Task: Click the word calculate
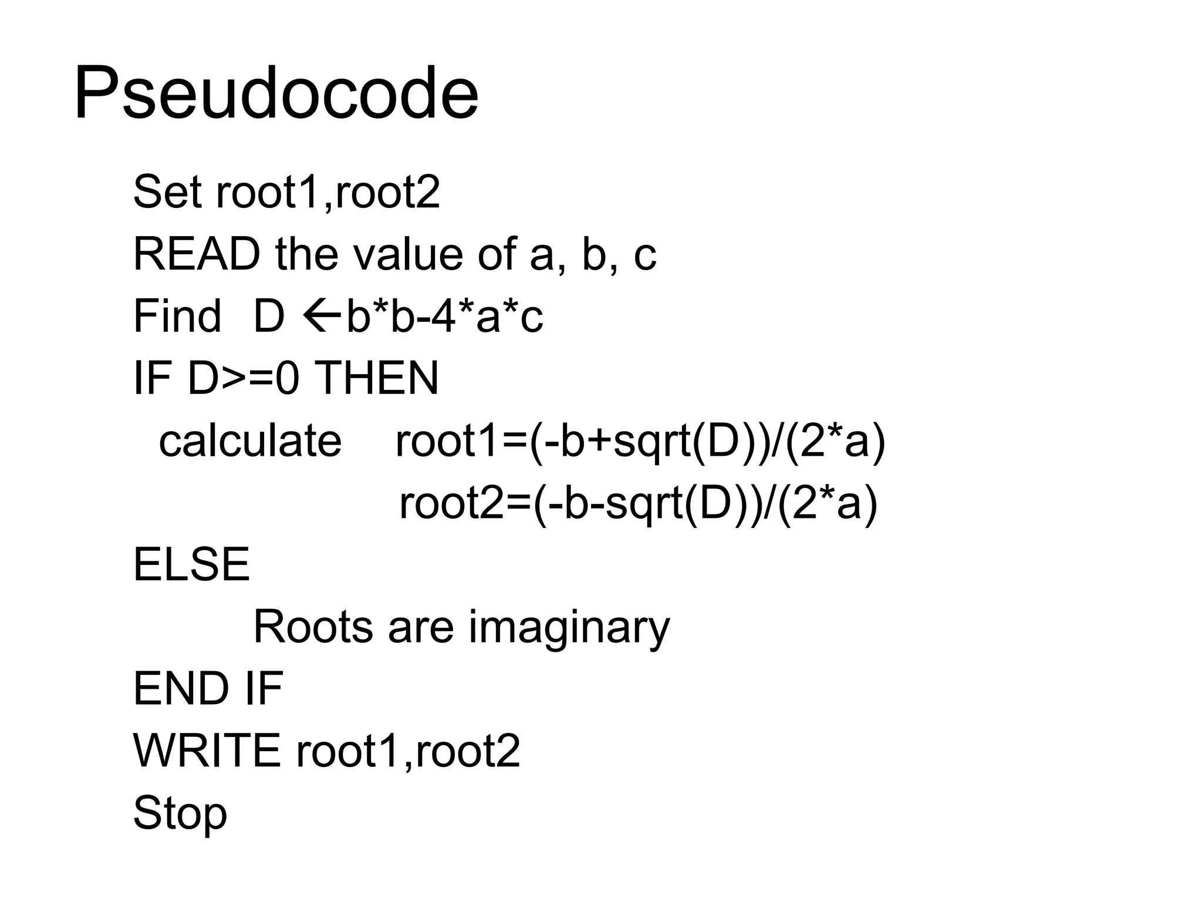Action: (x=250, y=441)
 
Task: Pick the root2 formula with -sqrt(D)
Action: (x=639, y=504)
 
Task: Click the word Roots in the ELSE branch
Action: (x=313, y=627)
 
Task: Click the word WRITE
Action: (x=207, y=751)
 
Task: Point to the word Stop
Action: (x=180, y=814)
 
